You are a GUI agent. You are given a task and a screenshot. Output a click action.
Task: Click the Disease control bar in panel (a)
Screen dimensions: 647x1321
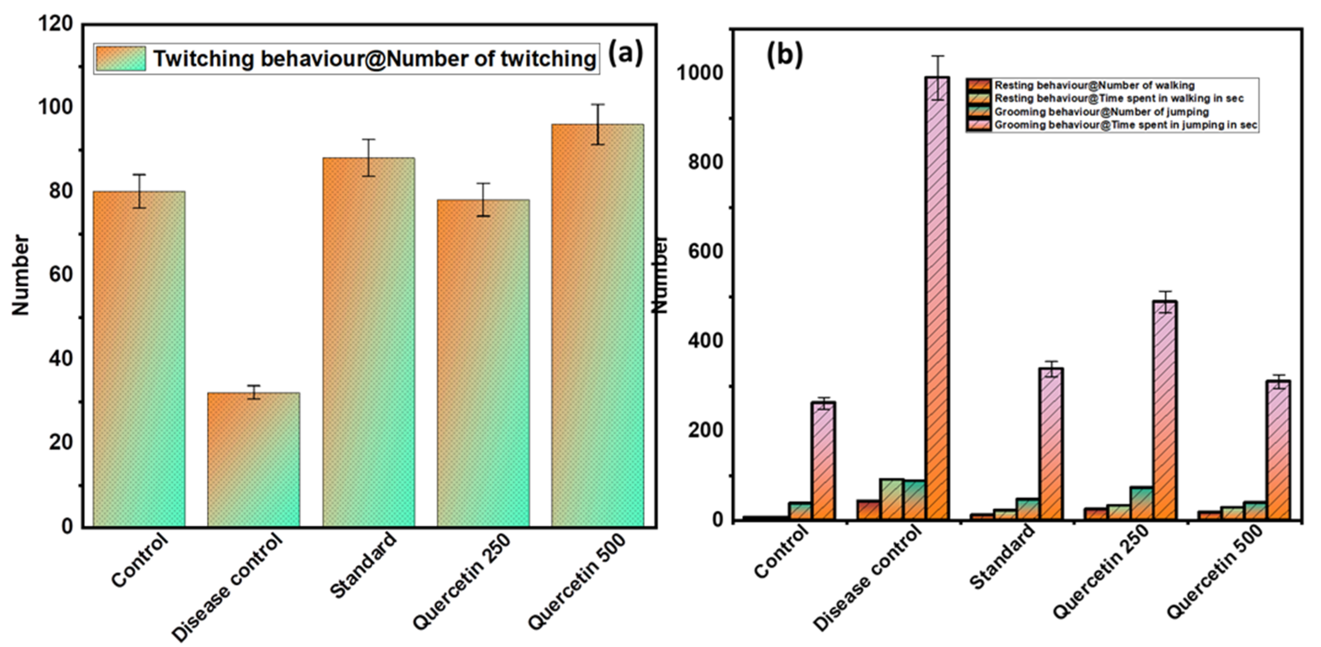coord(253,459)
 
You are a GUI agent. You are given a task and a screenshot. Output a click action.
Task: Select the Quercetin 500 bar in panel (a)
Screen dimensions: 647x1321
coord(597,325)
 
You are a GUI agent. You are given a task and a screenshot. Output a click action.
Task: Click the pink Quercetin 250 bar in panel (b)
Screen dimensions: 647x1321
coord(1166,410)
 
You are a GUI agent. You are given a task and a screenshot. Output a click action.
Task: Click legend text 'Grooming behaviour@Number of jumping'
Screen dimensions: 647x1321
coord(1101,112)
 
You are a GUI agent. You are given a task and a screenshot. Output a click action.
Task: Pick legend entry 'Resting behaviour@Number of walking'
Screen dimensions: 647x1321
coord(1094,85)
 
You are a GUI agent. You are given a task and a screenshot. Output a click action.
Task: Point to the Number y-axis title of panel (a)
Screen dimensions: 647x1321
coord(20,274)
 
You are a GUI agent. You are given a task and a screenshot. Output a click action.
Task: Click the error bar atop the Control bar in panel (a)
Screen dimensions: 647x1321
coord(139,191)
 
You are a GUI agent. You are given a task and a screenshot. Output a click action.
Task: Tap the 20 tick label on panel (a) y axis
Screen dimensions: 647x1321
coord(61,442)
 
